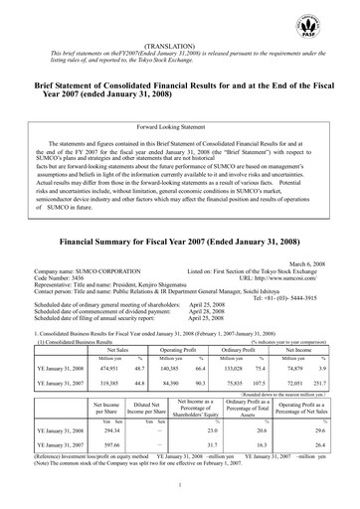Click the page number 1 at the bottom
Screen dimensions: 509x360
pyautogui.click(x=180, y=483)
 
